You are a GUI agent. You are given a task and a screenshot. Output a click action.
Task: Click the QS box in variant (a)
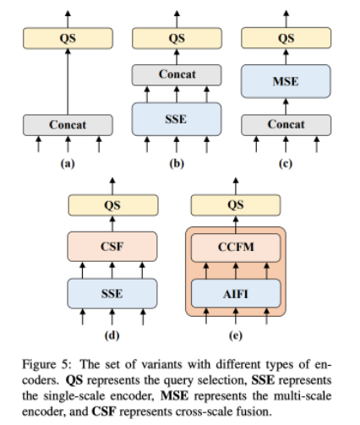[68, 38]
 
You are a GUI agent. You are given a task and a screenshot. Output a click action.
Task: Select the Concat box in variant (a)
[68, 125]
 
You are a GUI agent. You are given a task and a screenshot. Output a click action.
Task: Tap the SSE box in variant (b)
[177, 119]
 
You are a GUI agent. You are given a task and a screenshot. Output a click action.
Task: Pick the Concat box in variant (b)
[177, 75]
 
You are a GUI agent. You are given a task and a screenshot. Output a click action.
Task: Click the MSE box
[286, 81]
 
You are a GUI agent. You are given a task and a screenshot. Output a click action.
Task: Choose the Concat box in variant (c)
[286, 125]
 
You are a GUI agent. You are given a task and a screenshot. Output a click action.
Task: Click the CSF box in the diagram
[112, 247]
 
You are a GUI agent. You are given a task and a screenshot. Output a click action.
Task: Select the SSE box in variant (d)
[112, 293]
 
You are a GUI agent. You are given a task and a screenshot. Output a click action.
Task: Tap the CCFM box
[236, 248]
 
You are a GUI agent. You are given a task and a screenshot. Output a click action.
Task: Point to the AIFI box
[236, 293]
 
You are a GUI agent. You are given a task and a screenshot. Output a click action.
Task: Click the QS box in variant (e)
[236, 205]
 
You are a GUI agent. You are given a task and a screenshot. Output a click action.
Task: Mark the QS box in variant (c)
[286, 38]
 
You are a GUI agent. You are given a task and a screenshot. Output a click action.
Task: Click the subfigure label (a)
[68, 164]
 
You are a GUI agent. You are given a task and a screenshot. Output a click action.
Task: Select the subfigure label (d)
[112, 335]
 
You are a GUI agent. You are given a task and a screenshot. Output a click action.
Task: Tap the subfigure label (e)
[236, 335]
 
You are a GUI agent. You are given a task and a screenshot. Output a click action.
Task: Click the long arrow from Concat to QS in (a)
[68, 82]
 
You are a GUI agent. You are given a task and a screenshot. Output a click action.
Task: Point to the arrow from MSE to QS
[286, 57]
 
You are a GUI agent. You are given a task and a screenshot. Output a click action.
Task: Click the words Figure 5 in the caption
[46, 365]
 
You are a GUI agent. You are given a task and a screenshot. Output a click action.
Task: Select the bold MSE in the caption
[174, 396]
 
